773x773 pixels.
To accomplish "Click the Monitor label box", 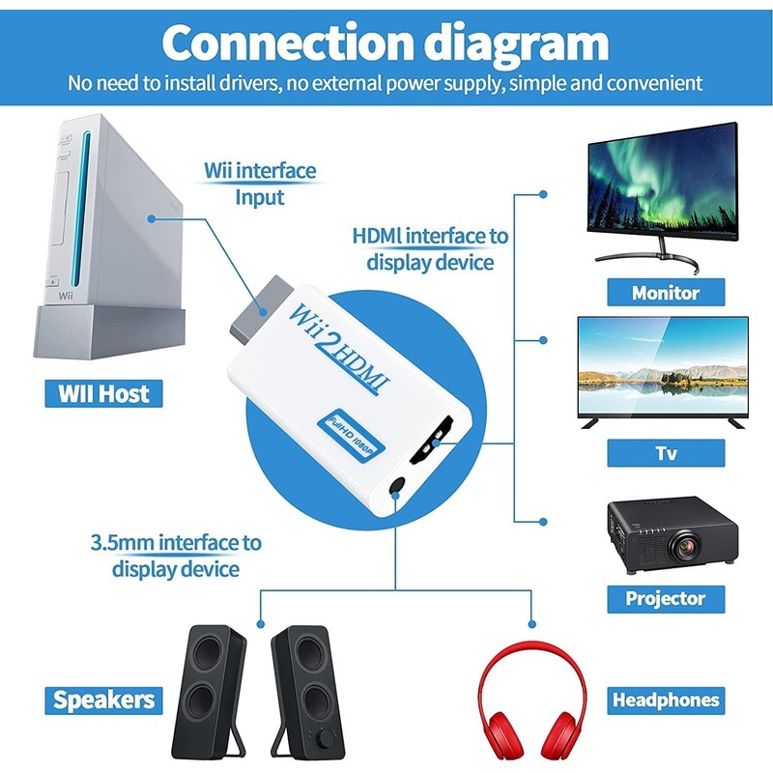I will coord(666,292).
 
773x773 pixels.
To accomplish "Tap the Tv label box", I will coord(666,453).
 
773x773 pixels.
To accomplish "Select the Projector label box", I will coord(665,598).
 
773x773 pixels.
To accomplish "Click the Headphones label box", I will coord(666,700).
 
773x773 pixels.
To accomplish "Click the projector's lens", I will coord(689,548).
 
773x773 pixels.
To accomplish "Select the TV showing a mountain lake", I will coord(663,366).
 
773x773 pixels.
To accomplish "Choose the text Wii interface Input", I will coord(260,184).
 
